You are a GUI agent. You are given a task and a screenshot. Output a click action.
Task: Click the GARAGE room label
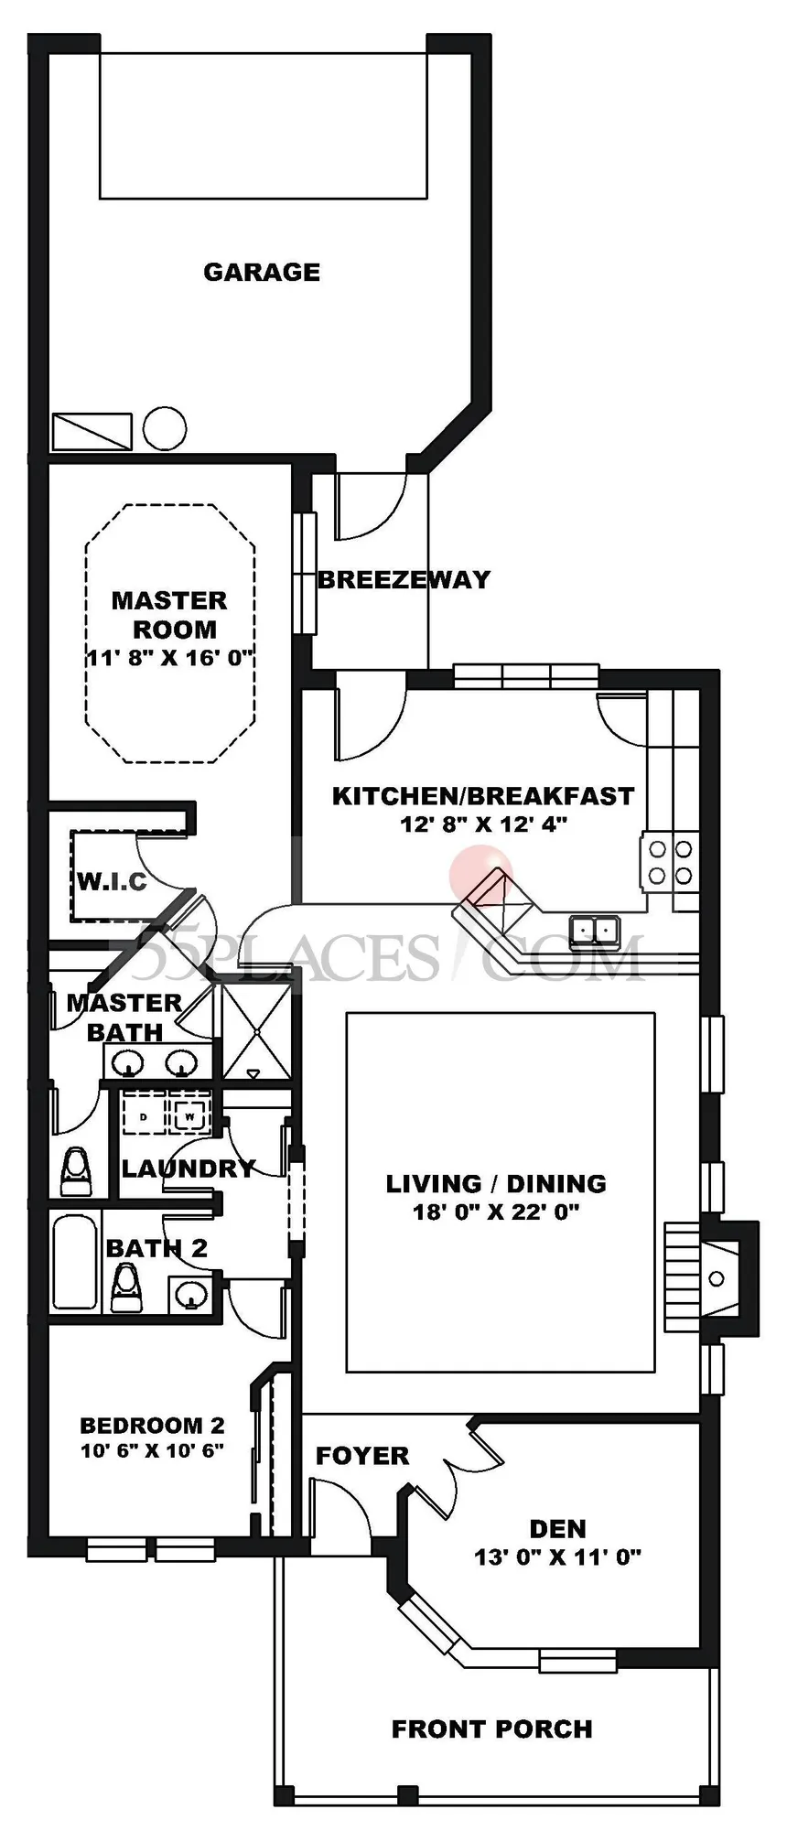pos(262,272)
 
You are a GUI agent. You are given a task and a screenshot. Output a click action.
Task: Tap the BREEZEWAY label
pos(404,579)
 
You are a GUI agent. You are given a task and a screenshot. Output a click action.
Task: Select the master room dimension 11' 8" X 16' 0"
pos(169,658)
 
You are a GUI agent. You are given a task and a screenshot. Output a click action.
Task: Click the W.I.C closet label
pos(112,881)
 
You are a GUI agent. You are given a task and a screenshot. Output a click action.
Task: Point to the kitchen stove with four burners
pos(670,860)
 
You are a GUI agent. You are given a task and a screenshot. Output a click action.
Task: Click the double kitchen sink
pos(595,931)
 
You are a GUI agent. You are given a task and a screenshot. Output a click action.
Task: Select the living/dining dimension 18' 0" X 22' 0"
pos(496,1212)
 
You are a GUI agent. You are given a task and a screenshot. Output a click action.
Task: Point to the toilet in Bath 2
pos(126,1288)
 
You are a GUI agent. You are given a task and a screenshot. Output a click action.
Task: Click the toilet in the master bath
pos(76,1172)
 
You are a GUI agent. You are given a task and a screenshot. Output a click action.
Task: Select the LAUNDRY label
pos(189,1169)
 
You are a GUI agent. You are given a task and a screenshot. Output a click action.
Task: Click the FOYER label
pos(362,1456)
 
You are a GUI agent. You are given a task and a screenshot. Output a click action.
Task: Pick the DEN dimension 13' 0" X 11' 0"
pos(557,1556)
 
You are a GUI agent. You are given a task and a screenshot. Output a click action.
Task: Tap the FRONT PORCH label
pos(492,1729)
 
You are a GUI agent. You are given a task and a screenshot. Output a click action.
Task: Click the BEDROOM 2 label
pos(152,1425)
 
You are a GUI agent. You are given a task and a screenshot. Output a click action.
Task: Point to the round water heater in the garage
pos(165,428)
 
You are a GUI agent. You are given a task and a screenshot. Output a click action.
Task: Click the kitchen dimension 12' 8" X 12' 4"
pos(483,824)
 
